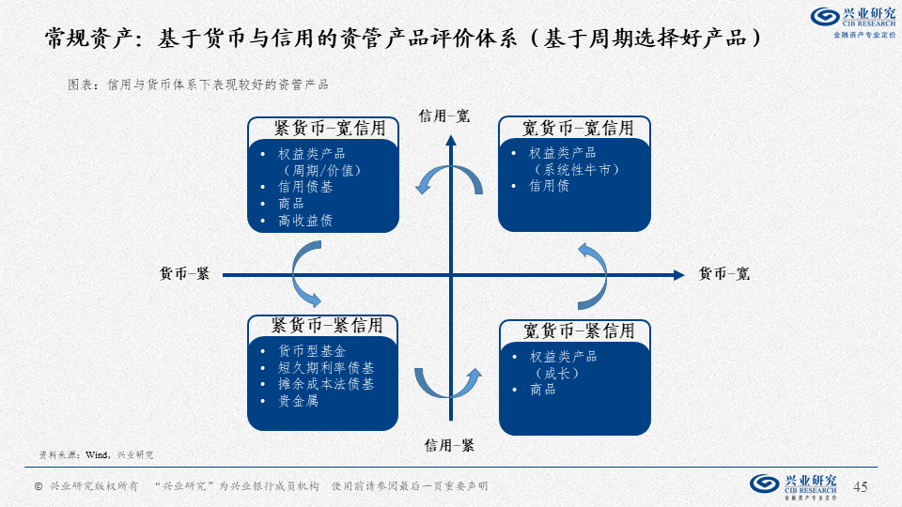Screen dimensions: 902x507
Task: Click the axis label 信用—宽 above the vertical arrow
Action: click(x=444, y=116)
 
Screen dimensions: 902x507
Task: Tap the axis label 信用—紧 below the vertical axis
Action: click(x=449, y=445)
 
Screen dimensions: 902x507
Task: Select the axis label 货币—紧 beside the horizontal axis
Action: click(x=184, y=273)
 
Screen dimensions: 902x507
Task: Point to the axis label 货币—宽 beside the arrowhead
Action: click(x=724, y=273)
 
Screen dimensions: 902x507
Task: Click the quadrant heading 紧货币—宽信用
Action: click(x=330, y=129)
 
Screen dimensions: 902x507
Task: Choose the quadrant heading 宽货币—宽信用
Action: click(x=578, y=129)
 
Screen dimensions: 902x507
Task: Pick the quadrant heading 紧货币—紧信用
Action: click(x=327, y=326)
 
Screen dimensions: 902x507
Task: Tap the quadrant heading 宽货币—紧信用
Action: click(x=579, y=330)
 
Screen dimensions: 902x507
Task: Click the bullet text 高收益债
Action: click(x=305, y=220)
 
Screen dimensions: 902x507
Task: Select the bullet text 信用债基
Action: click(x=305, y=187)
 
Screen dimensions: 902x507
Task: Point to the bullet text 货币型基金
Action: click(x=312, y=351)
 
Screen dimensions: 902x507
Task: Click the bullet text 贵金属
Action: click(x=298, y=401)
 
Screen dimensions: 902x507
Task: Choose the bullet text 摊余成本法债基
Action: click(x=326, y=384)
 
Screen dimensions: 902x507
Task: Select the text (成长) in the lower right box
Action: click(x=557, y=373)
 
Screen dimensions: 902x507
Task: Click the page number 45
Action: click(x=861, y=487)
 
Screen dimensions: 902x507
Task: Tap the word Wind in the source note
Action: click(x=96, y=454)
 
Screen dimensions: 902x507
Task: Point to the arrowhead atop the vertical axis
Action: click(x=451, y=140)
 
